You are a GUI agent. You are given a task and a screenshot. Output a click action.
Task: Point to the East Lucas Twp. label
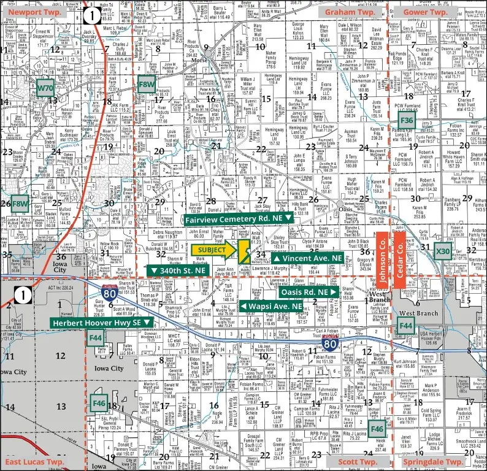pyautogui.click(x=35, y=461)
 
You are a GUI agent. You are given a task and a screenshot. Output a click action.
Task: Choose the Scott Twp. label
pyautogui.click(x=358, y=461)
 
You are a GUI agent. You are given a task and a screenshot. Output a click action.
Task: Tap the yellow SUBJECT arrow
pyautogui.click(x=215, y=250)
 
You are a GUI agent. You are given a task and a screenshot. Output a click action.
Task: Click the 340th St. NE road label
pyautogui.click(x=178, y=271)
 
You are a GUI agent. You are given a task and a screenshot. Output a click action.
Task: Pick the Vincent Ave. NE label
pyautogui.click(x=307, y=259)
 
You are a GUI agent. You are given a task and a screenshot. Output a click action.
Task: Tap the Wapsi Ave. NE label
pyautogui.click(x=270, y=306)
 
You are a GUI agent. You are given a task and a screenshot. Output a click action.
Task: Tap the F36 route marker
pyautogui.click(x=406, y=121)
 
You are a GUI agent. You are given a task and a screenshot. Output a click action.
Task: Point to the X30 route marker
pyautogui.click(x=442, y=251)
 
